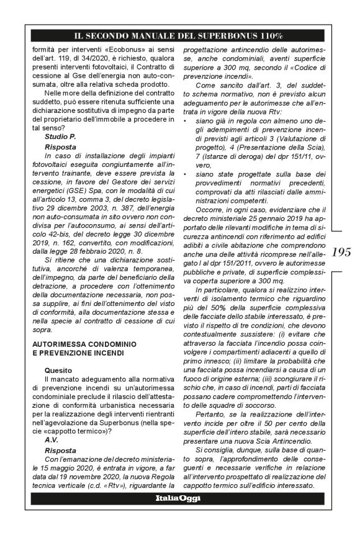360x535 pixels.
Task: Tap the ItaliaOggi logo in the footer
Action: coord(179,516)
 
